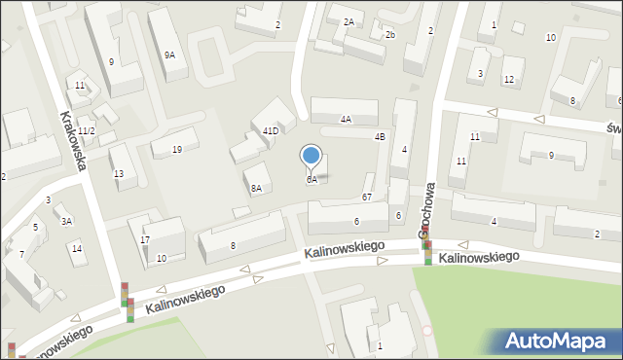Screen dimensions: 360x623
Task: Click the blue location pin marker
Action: (x=311, y=156)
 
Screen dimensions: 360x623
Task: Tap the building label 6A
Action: (x=311, y=180)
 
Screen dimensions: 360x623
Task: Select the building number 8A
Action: (x=256, y=189)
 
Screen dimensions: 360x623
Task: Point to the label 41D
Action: (x=271, y=130)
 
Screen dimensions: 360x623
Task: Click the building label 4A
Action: (x=346, y=120)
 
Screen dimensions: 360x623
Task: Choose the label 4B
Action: (x=380, y=137)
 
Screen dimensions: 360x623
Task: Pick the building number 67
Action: (x=367, y=198)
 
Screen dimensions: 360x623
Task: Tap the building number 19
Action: (x=176, y=150)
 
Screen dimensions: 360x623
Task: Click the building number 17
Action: (x=145, y=240)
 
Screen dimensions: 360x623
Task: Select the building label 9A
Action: (x=169, y=55)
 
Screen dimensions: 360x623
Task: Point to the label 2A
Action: (x=348, y=21)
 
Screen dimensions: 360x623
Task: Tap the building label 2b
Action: (x=389, y=35)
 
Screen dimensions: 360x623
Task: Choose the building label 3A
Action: (x=67, y=222)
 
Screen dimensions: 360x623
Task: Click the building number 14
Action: (x=77, y=249)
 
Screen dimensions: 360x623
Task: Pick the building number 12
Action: (x=508, y=79)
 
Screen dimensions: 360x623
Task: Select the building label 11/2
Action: (x=87, y=131)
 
